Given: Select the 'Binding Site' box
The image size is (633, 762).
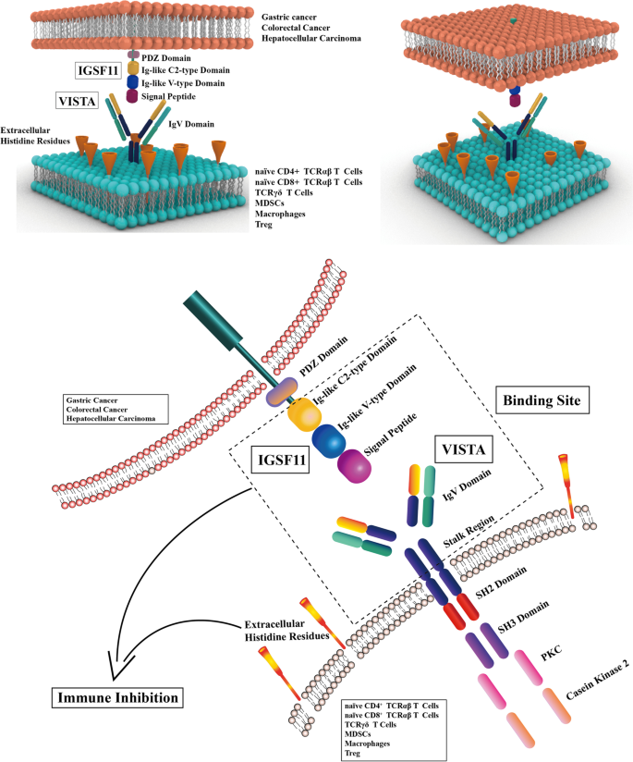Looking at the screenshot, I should [x=540, y=400].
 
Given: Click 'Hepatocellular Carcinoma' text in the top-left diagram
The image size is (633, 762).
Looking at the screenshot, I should [x=313, y=38].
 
